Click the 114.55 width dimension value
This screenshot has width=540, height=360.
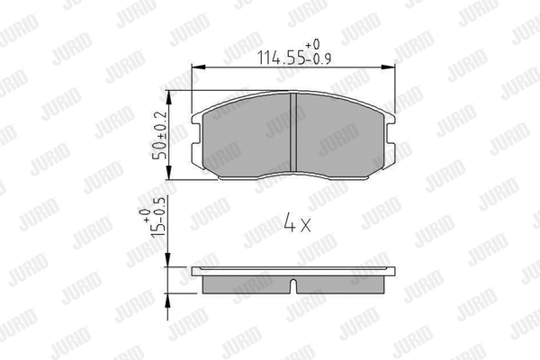pyautogui.click(x=282, y=58)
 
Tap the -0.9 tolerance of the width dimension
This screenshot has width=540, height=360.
pyautogui.click(x=319, y=59)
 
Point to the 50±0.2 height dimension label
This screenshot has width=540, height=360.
pyautogui.click(x=160, y=135)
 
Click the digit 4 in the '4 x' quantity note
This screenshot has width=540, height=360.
pyautogui.click(x=289, y=222)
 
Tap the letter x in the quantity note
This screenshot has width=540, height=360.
pyautogui.click(x=306, y=225)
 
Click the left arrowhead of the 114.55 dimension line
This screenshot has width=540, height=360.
pyautogui.click(x=199, y=67)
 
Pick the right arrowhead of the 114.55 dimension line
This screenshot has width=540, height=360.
pyautogui.click(x=388, y=67)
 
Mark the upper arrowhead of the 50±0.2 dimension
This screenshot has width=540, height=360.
pyautogui.click(x=169, y=98)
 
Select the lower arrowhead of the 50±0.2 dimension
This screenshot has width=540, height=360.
pyautogui.click(x=169, y=172)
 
